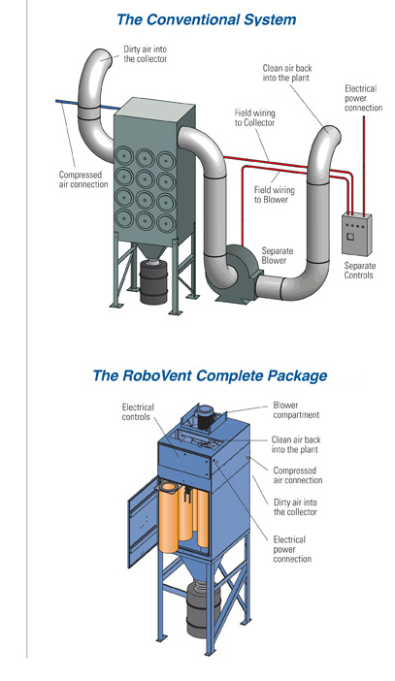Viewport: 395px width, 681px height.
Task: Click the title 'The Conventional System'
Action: (x=207, y=20)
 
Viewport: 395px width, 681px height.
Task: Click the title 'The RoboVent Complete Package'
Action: (x=210, y=375)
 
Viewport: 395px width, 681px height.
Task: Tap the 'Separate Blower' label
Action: (x=278, y=255)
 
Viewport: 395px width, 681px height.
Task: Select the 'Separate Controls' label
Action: (x=359, y=270)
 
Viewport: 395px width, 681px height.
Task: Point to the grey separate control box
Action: (x=356, y=233)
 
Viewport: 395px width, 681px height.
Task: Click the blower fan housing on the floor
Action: (x=237, y=272)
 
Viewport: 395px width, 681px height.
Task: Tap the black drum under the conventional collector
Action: (x=153, y=282)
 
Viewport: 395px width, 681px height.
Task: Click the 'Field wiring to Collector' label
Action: (x=254, y=117)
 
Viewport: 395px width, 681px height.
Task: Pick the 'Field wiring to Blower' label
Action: (x=275, y=195)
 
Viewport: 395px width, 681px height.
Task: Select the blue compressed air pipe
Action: (x=88, y=105)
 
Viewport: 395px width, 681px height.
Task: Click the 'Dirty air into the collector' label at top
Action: (x=146, y=54)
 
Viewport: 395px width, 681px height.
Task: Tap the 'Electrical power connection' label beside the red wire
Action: (x=364, y=98)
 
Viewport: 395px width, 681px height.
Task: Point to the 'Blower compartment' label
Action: (x=296, y=410)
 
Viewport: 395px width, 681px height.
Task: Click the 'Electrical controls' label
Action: (x=138, y=412)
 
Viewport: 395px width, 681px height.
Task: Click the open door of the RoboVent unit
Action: (x=144, y=521)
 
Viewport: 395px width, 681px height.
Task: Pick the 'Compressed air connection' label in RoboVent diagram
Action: (x=298, y=475)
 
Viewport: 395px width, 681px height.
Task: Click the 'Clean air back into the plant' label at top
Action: (x=287, y=73)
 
